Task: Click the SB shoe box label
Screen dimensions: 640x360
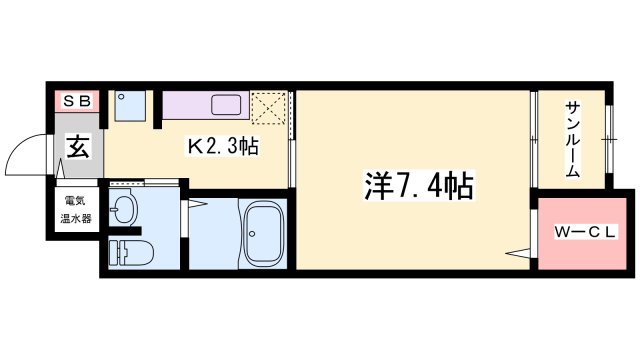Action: click(x=77, y=101)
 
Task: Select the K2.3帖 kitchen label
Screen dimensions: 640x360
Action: click(x=223, y=146)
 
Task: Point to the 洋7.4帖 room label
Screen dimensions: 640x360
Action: click(x=419, y=185)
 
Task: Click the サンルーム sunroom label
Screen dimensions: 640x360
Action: click(x=572, y=140)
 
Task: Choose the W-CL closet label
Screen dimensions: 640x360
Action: click(x=584, y=232)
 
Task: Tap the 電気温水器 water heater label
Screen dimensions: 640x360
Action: click(x=76, y=210)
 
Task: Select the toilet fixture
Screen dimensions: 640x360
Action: click(x=131, y=253)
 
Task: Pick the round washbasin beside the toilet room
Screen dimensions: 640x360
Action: click(x=123, y=207)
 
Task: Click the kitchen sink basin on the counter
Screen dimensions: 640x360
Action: click(x=226, y=105)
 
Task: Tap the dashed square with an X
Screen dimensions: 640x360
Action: click(x=268, y=108)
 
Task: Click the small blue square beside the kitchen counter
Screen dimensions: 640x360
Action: click(x=130, y=106)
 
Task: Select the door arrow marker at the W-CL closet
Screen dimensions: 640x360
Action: click(x=518, y=253)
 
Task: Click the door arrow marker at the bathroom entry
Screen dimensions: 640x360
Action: click(x=197, y=203)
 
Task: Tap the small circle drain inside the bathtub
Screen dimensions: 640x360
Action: click(x=252, y=234)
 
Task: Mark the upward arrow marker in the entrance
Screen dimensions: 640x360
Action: click(x=60, y=168)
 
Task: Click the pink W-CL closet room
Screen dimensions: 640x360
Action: click(x=582, y=233)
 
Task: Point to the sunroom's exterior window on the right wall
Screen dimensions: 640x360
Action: click(x=609, y=140)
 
